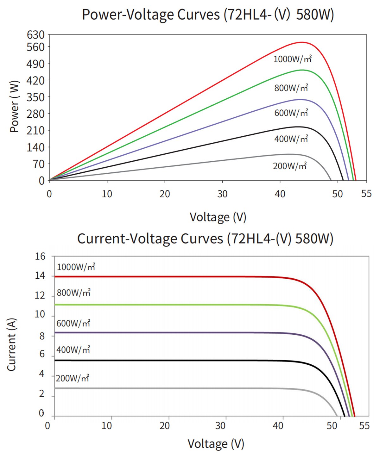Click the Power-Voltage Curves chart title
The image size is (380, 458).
(x=208, y=15)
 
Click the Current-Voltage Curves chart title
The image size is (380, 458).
(x=205, y=238)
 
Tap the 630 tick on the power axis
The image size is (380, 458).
(x=35, y=34)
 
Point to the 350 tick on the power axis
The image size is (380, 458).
(x=35, y=97)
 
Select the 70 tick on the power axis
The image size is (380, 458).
(x=39, y=164)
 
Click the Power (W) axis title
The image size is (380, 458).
(x=14, y=107)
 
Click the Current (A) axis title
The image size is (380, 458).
(x=11, y=344)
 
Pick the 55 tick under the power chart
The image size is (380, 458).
(x=366, y=194)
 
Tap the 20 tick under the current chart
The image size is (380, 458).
(x=165, y=426)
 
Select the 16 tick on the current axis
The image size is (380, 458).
(x=40, y=256)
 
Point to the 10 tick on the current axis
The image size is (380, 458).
(x=40, y=314)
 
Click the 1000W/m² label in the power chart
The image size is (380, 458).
(x=292, y=59)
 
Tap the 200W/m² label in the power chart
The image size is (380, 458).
(x=290, y=166)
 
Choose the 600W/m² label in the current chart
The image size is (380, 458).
(x=73, y=323)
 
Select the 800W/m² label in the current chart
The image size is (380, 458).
(x=73, y=293)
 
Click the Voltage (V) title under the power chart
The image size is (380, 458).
(x=218, y=217)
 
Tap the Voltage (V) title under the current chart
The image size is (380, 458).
(x=216, y=444)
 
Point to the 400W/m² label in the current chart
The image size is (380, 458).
(x=73, y=350)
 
